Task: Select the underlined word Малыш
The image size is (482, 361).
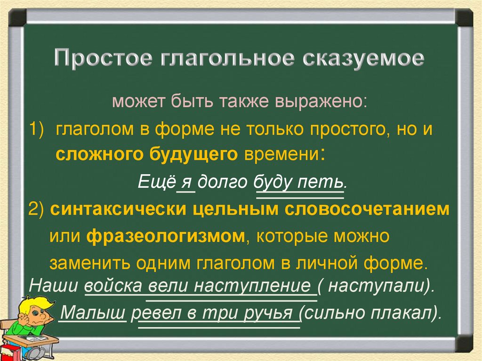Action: coord(94,312)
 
